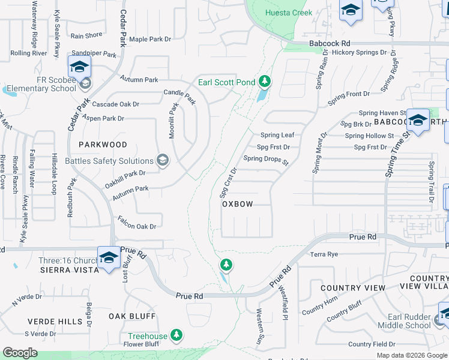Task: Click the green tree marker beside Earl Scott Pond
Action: click(x=265, y=82)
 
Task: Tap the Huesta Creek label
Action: click(x=289, y=13)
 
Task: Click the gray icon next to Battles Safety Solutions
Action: click(x=161, y=160)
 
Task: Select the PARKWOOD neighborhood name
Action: click(x=103, y=145)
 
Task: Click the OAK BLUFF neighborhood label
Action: click(x=132, y=316)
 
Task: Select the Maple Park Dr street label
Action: click(x=150, y=40)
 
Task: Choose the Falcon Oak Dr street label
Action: click(x=137, y=226)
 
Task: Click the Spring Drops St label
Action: click(x=266, y=160)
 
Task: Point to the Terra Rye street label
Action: click(x=325, y=254)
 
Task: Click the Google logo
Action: click(x=20, y=353)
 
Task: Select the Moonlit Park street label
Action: click(x=173, y=121)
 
